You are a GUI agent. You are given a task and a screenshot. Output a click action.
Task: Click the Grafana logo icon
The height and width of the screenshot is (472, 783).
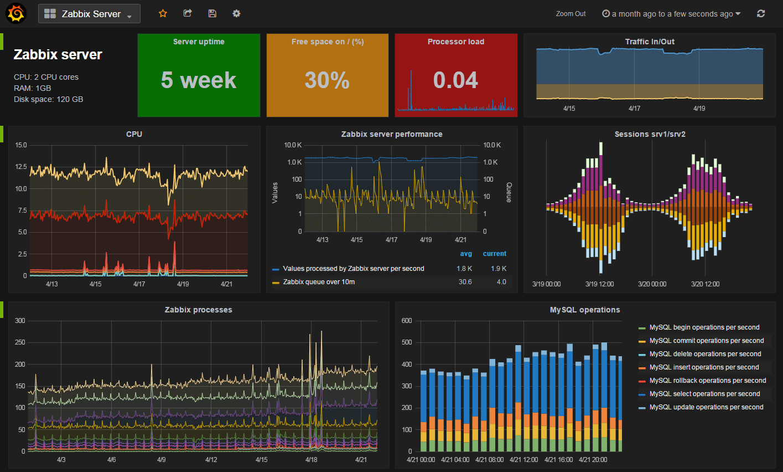pyautogui.click(x=15, y=13)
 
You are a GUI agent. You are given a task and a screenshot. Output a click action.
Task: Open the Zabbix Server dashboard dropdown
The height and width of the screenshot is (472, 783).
pyautogui.click(x=89, y=14)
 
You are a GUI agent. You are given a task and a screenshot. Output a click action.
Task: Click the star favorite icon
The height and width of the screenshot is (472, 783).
pyautogui.click(x=163, y=13)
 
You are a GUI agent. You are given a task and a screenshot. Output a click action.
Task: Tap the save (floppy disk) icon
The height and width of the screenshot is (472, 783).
pyautogui.click(x=212, y=13)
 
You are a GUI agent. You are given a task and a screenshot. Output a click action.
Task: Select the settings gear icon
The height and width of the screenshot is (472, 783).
pyautogui.click(x=236, y=13)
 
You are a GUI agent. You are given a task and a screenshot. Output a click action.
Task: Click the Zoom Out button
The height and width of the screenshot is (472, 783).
pyautogui.click(x=571, y=14)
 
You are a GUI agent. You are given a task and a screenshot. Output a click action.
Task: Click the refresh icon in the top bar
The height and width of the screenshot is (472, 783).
pyautogui.click(x=761, y=13)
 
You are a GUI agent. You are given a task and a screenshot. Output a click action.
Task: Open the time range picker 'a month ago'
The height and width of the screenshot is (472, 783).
pyautogui.click(x=671, y=14)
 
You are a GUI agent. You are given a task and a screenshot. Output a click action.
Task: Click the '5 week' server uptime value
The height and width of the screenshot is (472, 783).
pyautogui.click(x=199, y=80)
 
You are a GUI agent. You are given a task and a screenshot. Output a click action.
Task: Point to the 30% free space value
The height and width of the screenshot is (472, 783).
pyautogui.click(x=327, y=80)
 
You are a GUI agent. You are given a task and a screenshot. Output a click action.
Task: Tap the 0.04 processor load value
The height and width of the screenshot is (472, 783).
pyautogui.click(x=455, y=80)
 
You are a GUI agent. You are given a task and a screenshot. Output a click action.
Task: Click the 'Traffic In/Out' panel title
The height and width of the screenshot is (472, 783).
pyautogui.click(x=650, y=42)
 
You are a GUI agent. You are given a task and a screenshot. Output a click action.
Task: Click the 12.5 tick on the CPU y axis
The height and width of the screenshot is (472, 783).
pyautogui.click(x=21, y=167)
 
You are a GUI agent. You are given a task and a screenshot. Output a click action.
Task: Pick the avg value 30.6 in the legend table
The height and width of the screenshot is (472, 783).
pyautogui.click(x=465, y=282)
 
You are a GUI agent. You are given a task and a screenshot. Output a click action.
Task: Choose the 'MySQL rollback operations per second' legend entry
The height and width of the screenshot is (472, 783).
pyautogui.click(x=708, y=381)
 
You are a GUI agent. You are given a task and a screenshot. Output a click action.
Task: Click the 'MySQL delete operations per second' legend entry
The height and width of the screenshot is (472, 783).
pyautogui.click(x=705, y=354)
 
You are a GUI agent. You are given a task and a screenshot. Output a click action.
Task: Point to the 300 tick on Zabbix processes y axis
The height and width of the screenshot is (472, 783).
pyautogui.click(x=20, y=321)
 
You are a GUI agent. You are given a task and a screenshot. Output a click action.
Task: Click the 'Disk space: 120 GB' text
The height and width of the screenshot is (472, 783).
pyautogui.click(x=49, y=99)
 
